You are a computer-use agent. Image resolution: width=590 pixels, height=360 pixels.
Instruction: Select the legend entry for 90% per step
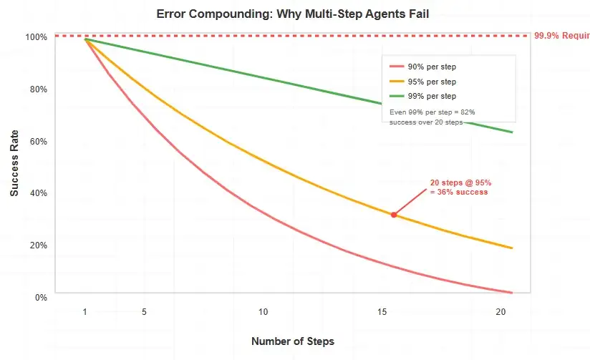point(431,67)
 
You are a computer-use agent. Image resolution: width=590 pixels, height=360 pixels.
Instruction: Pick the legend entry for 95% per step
point(431,82)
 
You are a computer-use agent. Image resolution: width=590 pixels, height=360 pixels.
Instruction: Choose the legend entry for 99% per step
point(431,96)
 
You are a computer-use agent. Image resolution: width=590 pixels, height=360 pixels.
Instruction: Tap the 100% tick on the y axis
point(37,37)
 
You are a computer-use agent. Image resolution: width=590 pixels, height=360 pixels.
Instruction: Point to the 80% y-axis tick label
point(39,89)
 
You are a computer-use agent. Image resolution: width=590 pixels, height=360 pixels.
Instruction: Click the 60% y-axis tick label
point(39,141)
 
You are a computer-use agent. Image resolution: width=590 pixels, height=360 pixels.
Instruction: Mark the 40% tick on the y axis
point(39,193)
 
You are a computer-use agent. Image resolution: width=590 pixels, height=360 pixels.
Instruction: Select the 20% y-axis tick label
point(39,245)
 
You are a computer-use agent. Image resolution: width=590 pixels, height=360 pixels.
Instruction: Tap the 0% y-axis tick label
point(41,297)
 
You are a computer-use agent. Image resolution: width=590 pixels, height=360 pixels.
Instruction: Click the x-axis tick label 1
point(85,312)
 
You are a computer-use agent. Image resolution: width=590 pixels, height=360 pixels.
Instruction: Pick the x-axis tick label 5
point(145,312)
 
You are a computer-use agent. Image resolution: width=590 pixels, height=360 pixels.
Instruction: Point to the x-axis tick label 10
point(263,312)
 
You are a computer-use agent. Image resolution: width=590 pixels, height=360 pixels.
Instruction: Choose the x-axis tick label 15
point(382,312)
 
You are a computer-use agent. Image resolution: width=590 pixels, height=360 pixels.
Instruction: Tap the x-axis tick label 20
point(500,312)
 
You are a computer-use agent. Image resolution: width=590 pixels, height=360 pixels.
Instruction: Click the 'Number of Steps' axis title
point(292,341)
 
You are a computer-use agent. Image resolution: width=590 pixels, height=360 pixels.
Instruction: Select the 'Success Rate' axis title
point(14,166)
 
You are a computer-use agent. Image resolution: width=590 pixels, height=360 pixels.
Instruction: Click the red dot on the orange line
point(394,215)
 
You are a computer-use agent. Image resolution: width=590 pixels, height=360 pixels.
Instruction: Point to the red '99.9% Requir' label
point(561,36)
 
